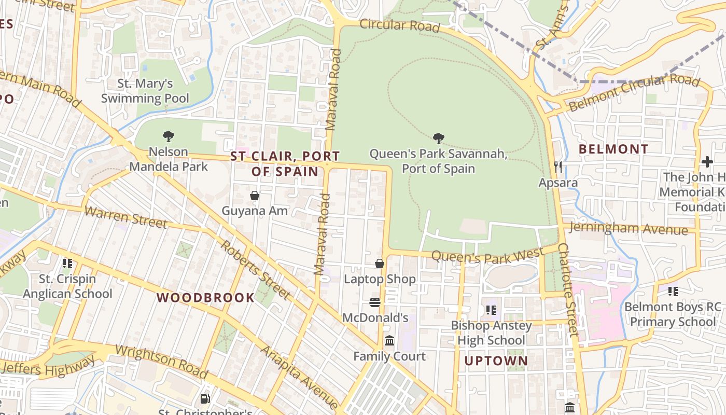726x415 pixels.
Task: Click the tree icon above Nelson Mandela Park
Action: (x=168, y=136)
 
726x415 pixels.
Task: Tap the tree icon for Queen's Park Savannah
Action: (x=438, y=138)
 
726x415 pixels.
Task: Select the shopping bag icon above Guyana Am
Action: (x=255, y=196)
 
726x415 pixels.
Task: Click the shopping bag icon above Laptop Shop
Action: (x=380, y=264)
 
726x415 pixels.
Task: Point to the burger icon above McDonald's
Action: (x=375, y=302)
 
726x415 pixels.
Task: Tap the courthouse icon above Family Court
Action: (x=389, y=341)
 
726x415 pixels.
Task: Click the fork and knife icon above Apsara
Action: (x=558, y=167)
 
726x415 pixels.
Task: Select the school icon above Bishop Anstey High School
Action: (x=491, y=310)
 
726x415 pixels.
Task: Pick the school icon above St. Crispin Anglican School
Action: (x=67, y=264)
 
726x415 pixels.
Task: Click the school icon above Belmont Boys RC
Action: (x=673, y=292)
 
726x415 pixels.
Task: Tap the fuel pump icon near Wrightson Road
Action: (x=205, y=399)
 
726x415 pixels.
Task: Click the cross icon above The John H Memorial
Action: (x=707, y=162)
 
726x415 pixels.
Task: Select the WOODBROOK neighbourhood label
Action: (x=205, y=298)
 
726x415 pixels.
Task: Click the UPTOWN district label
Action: (x=496, y=361)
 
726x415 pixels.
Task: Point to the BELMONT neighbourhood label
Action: (x=613, y=149)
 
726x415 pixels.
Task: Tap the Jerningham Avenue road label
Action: (x=629, y=228)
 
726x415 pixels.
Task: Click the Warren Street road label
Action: (x=125, y=217)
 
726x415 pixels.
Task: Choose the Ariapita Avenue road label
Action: (x=299, y=376)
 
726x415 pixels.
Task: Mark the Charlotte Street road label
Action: (x=568, y=290)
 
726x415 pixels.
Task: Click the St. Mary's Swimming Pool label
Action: (x=145, y=91)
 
